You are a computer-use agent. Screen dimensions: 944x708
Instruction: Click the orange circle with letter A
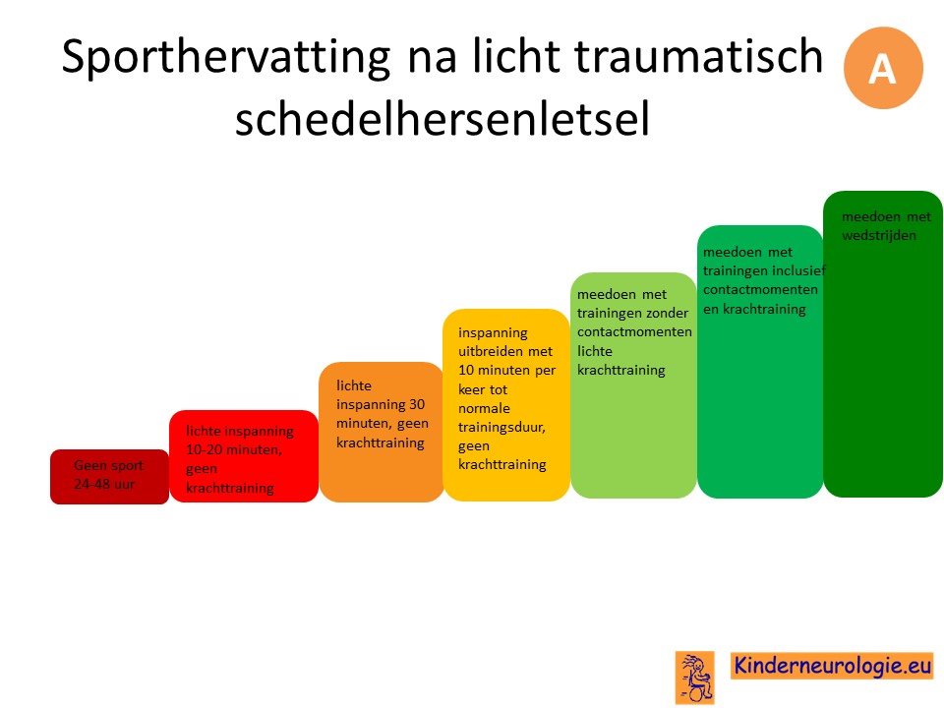(883, 68)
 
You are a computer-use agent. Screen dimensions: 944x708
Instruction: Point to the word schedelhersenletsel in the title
(442, 118)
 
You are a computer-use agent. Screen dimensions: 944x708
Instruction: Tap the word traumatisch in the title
(698, 56)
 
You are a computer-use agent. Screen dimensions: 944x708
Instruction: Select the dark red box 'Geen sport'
(109, 476)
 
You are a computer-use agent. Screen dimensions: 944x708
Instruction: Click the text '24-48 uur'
(104, 484)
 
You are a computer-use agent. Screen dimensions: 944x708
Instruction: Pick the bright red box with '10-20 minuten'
(244, 455)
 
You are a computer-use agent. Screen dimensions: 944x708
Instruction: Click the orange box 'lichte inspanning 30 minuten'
(382, 432)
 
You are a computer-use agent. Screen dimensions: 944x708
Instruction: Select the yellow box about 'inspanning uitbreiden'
(506, 404)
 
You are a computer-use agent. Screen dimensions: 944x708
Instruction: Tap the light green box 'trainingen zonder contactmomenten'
(633, 385)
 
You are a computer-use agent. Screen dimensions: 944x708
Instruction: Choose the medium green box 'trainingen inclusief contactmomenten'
(760, 362)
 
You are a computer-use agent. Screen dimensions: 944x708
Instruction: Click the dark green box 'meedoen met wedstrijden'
(883, 344)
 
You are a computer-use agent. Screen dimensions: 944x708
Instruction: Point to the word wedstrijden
(879, 235)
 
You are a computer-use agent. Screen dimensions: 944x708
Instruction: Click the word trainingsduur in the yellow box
(501, 428)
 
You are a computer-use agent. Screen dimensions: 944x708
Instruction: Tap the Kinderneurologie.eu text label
(832, 666)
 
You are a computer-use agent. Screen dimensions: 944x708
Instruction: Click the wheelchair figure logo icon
(695, 678)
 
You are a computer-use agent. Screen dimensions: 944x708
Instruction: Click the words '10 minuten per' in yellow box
(507, 371)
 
